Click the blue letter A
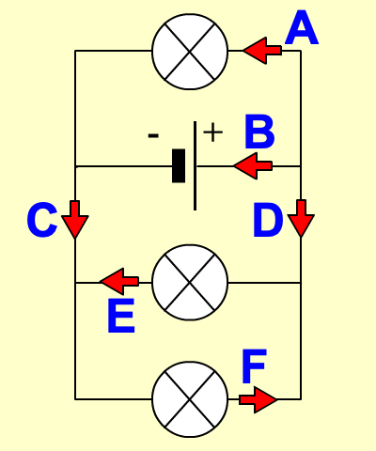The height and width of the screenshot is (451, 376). [302, 27]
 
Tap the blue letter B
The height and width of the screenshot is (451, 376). [259, 132]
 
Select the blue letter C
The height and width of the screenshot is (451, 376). [42, 220]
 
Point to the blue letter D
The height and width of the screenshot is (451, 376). [268, 220]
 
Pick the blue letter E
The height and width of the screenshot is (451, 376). [121, 316]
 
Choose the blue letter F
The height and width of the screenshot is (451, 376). [254, 366]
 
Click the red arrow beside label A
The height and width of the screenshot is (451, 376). [262, 51]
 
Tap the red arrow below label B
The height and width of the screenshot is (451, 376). [253, 166]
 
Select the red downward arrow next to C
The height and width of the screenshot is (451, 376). [75, 220]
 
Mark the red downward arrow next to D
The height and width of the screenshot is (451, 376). [301, 219]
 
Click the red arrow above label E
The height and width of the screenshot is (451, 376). [119, 281]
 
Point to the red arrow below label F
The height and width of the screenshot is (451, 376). [258, 399]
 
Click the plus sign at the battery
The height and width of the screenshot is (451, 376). [213, 132]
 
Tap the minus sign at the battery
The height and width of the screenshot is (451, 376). [153, 135]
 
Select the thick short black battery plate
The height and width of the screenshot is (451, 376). [179, 165]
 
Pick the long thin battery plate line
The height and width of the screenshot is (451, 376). [195, 165]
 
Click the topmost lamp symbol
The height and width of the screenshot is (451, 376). [190, 52]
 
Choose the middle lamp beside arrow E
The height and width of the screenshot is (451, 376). [190, 283]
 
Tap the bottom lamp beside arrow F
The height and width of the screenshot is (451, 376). [190, 399]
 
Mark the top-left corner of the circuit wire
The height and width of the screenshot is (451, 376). [75, 51]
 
